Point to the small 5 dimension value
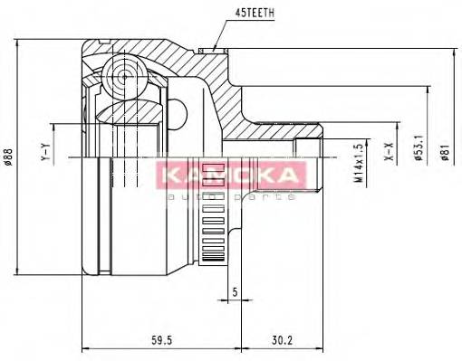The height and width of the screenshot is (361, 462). point(234,291)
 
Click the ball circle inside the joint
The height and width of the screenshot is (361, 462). point(119,71)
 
